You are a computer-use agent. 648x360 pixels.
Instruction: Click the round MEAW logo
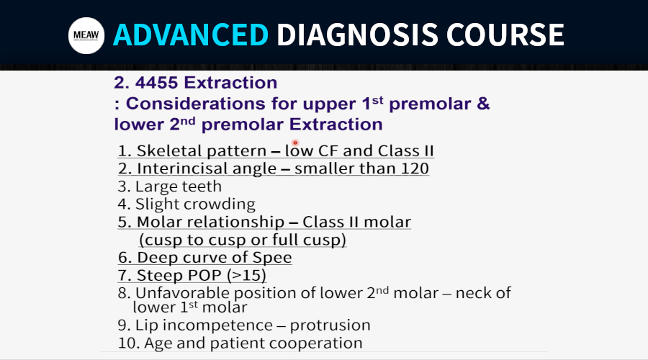86,35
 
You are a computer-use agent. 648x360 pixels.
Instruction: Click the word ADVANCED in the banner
191,35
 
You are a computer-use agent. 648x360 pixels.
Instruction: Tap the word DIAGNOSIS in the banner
357,35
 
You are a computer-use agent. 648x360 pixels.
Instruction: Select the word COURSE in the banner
505,35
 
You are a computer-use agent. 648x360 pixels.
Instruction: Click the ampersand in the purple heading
483,104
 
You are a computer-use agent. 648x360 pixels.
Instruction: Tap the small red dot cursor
295,143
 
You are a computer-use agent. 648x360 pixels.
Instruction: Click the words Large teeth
178,186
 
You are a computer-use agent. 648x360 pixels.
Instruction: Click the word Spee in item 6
272,258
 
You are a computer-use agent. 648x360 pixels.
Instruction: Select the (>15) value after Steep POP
246,275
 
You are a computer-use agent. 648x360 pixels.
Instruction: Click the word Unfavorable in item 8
182,293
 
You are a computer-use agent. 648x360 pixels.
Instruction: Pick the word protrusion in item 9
330,325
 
